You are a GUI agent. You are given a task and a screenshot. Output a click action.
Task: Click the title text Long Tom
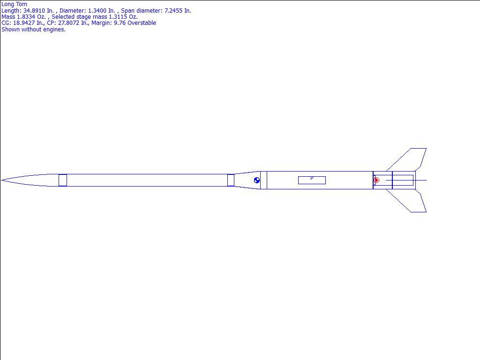[x=14, y=4]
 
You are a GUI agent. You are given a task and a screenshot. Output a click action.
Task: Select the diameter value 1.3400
[x=97, y=11]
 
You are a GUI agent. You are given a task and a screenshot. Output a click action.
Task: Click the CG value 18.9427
[x=24, y=23]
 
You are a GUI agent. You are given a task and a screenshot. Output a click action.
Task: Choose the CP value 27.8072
[x=68, y=23]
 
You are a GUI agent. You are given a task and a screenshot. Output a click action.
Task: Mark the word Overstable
[x=142, y=23]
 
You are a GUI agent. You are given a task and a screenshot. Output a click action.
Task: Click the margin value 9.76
[x=120, y=23]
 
